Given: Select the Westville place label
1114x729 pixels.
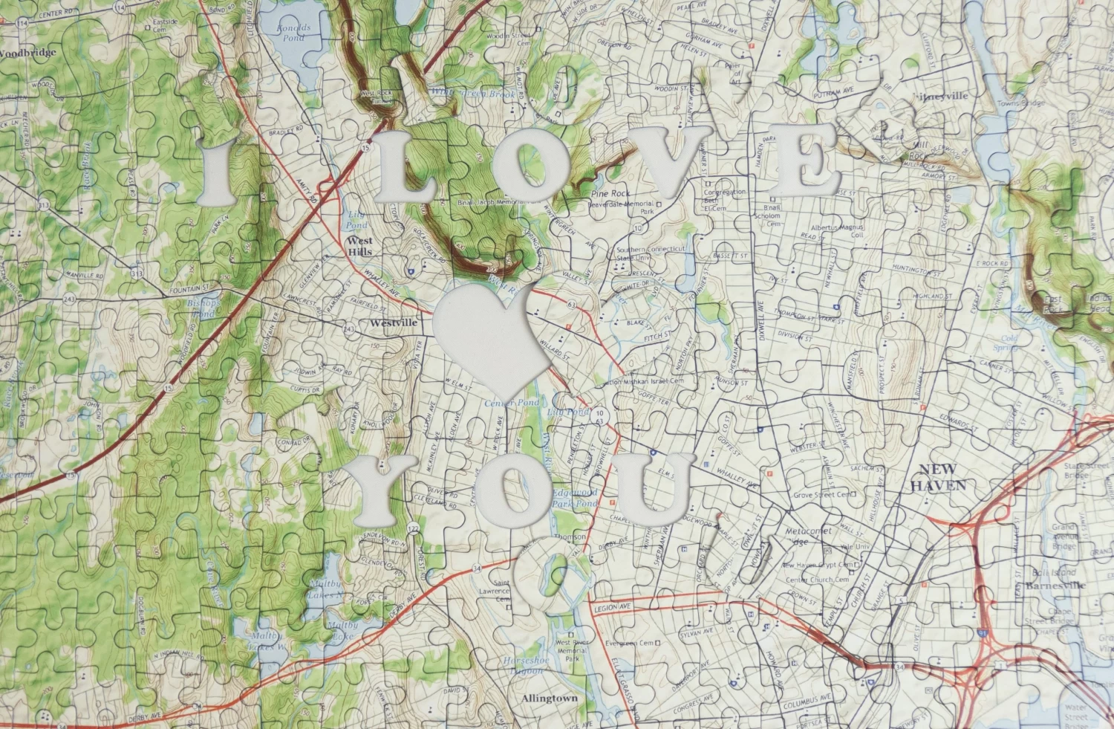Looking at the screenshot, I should click(394, 323).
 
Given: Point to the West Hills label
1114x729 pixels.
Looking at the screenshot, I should click(360, 246).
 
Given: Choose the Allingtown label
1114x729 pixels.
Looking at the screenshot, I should click(549, 699).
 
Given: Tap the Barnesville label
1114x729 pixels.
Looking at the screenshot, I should click(1055, 586).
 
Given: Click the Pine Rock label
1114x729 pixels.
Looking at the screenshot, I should click(610, 193).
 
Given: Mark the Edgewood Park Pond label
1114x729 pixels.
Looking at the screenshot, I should click(574, 498).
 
